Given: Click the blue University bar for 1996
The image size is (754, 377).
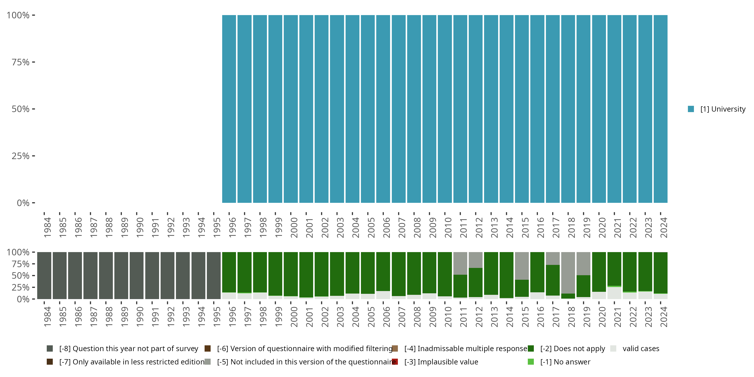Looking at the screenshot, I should (229, 109).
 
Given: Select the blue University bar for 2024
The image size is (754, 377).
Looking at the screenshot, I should (660, 109).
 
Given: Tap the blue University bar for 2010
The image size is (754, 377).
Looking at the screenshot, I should (445, 109).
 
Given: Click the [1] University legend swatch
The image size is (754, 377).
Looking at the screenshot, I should (691, 109).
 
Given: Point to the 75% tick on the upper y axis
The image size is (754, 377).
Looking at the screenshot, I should (33, 62).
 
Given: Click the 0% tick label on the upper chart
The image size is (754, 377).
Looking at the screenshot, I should (23, 203).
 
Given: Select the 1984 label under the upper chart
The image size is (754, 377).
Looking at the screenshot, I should (47, 227).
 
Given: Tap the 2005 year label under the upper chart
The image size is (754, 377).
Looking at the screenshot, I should (371, 227).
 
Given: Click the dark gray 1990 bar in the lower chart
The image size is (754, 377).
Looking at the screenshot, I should (137, 275).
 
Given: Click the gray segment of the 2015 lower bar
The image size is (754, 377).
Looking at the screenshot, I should (522, 265).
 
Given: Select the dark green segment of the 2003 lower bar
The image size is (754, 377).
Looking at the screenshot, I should (337, 274).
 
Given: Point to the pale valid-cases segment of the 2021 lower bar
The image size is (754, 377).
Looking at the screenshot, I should (614, 293).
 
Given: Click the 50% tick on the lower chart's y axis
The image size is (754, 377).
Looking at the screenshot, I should (33, 275).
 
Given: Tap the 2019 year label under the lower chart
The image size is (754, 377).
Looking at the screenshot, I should (587, 317).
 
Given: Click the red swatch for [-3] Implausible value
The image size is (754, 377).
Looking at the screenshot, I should (395, 362).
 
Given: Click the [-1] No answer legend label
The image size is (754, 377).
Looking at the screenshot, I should (565, 362).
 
